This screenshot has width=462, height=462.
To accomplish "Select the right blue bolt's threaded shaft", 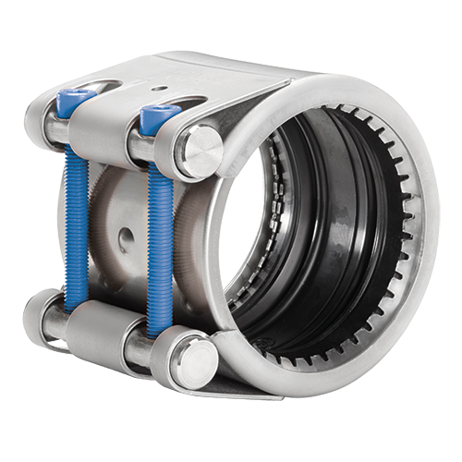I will (159, 231).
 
